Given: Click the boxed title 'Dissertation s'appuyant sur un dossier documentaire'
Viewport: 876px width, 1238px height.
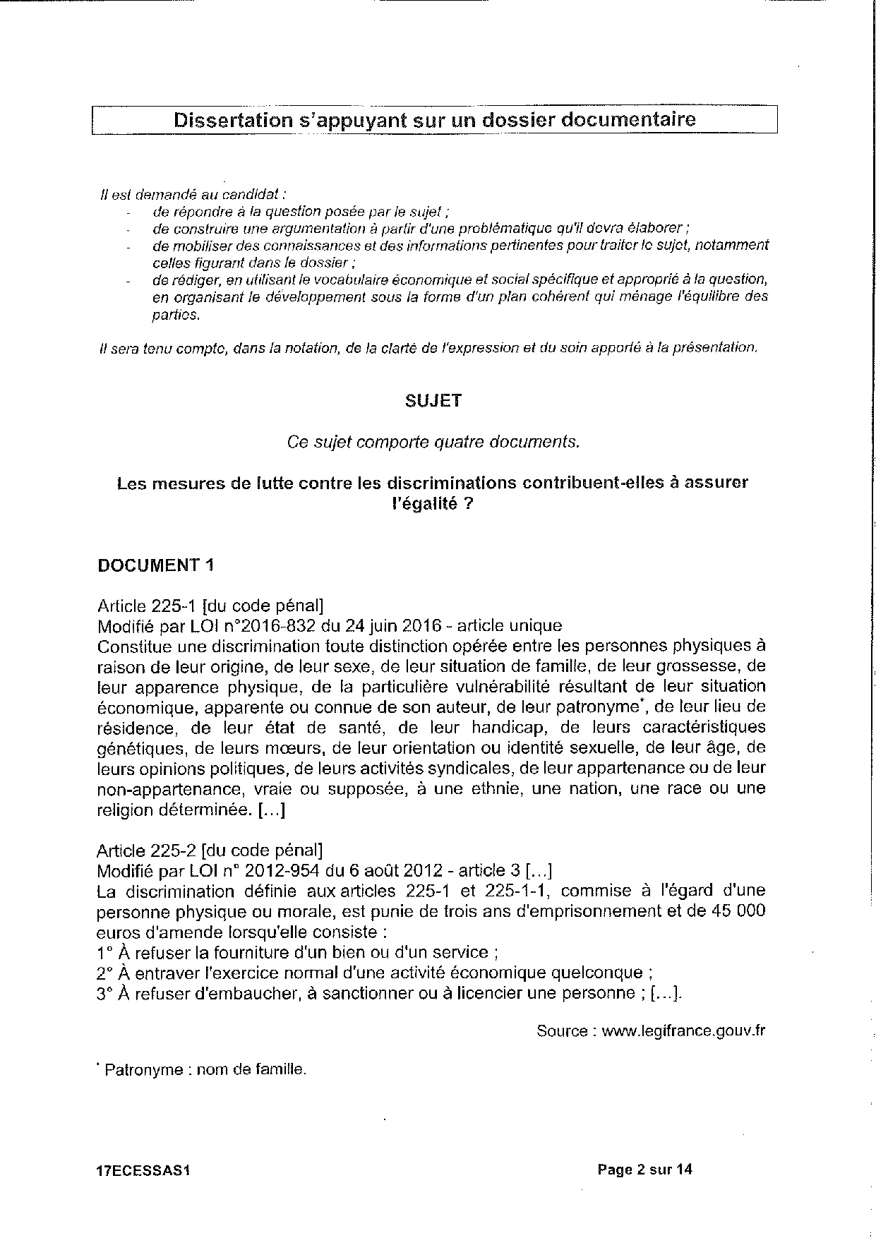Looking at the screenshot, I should pyautogui.click(x=434, y=119).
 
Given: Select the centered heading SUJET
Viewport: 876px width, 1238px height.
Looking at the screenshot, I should pyautogui.click(x=433, y=401).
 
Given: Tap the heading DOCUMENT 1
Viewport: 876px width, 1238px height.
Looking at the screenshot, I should pyautogui.click(x=155, y=565).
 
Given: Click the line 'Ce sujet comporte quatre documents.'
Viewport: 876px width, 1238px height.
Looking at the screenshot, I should pyautogui.click(x=433, y=442).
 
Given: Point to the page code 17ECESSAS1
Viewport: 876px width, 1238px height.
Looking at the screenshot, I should pyautogui.click(x=144, y=1170).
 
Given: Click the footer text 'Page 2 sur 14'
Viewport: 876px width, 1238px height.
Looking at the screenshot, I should pyautogui.click(x=644, y=1170).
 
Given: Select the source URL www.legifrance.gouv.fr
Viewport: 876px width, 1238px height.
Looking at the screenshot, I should pyautogui.click(x=684, y=1030).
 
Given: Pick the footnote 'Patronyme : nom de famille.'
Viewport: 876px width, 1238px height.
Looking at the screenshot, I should pyautogui.click(x=205, y=1069).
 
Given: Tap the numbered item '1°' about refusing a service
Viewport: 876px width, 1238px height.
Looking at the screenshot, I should pyautogui.click(x=106, y=952).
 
